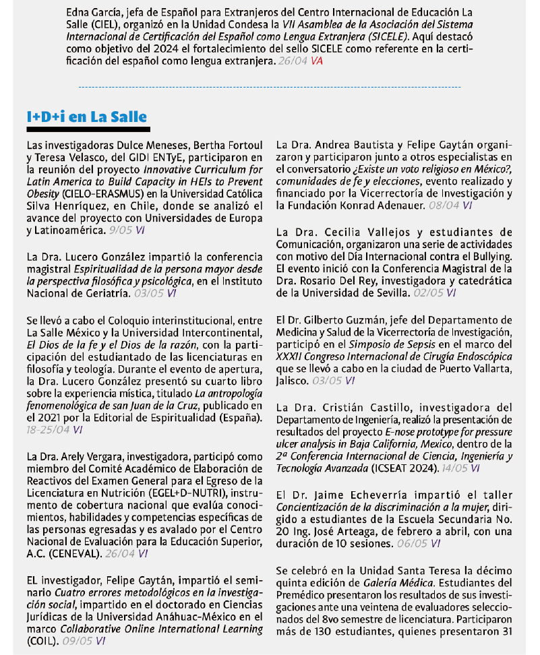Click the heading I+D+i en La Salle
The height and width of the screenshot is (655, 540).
click(x=87, y=117)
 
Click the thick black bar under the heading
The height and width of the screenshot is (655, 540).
click(x=87, y=128)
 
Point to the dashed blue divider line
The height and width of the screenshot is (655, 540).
click(x=270, y=87)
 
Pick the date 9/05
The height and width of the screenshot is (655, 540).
click(x=121, y=230)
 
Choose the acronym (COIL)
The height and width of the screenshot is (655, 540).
click(x=43, y=641)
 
